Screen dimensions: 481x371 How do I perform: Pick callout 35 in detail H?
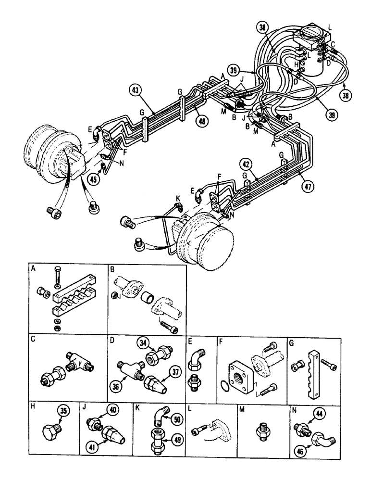click(x=62, y=412)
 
